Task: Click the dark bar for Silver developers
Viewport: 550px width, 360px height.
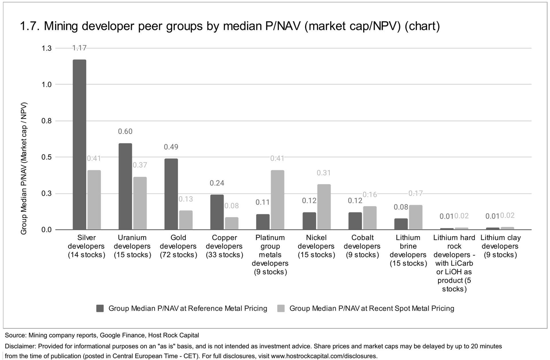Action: click(x=79, y=145)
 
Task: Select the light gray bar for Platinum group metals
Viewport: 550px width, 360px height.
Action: click(x=277, y=200)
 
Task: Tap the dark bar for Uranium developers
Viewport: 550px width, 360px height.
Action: click(x=125, y=186)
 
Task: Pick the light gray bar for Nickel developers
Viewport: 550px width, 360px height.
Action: click(x=324, y=207)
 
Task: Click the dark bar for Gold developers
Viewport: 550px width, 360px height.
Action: click(x=171, y=194)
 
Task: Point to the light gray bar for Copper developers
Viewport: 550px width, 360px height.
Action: click(x=231, y=223)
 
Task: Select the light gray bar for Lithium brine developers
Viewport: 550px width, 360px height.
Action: click(x=415, y=217)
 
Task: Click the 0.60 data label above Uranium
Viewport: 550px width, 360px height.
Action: click(x=125, y=131)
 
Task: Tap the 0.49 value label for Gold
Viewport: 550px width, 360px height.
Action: click(x=171, y=147)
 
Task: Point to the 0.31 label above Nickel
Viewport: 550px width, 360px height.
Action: click(x=324, y=173)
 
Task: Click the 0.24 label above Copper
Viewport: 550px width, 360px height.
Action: click(x=217, y=183)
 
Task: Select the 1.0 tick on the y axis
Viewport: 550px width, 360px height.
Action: click(x=46, y=84)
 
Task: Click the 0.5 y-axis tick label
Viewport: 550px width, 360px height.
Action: click(x=46, y=157)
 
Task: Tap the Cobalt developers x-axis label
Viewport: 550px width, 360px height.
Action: click(x=362, y=246)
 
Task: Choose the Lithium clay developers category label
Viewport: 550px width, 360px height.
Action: click(x=500, y=246)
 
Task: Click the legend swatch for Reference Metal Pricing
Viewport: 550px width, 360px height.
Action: click(x=100, y=308)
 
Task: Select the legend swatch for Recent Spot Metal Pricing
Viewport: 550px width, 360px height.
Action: click(x=281, y=308)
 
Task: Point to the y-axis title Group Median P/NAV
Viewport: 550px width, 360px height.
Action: click(x=24, y=168)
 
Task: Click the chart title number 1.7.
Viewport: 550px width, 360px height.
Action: click(x=29, y=26)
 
